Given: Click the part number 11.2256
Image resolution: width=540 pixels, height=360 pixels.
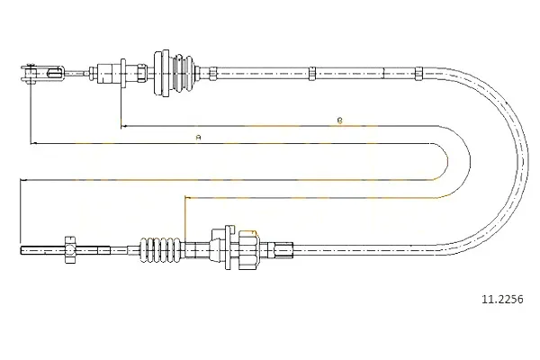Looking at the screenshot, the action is [x=502, y=300].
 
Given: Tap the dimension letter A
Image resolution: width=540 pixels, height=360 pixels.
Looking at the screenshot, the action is [x=198, y=138].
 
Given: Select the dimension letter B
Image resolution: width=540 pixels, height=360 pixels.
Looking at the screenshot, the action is [x=339, y=121].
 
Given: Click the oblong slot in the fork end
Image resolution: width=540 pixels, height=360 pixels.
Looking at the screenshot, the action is [x=55, y=73].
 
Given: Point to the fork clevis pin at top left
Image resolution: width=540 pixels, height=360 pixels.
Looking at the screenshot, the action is [x=31, y=73].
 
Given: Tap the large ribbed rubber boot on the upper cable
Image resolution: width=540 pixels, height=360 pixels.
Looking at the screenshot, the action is [x=175, y=74].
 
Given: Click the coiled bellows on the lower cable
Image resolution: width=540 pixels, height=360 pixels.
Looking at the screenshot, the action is [x=160, y=250].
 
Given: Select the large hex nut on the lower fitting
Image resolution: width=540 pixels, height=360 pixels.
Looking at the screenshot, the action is [x=247, y=250].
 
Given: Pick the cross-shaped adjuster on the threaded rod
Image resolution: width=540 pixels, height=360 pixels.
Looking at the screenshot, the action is [x=70, y=250].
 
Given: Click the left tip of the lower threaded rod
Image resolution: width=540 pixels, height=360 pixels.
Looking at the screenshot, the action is [x=21, y=250].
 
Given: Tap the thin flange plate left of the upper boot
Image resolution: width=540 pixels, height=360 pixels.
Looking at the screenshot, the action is [x=122, y=74].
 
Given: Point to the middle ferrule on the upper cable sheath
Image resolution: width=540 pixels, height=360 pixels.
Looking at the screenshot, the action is [x=311, y=74].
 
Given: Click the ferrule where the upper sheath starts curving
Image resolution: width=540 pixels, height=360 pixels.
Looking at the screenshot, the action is [x=418, y=74].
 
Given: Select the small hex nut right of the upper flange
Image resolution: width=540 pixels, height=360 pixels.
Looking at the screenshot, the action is [x=141, y=74].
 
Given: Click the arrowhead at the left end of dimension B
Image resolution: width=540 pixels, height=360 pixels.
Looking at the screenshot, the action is [x=123, y=126].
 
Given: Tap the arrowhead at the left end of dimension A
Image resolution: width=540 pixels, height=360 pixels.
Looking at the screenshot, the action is [x=33, y=143].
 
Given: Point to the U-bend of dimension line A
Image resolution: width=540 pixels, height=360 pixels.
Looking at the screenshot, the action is [x=447, y=161].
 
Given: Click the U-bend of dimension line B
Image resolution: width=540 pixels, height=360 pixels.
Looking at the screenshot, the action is [x=470, y=161].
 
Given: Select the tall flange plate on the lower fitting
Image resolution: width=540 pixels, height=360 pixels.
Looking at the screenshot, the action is [x=228, y=247].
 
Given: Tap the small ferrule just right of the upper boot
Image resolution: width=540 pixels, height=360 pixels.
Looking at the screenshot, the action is [x=212, y=74].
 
